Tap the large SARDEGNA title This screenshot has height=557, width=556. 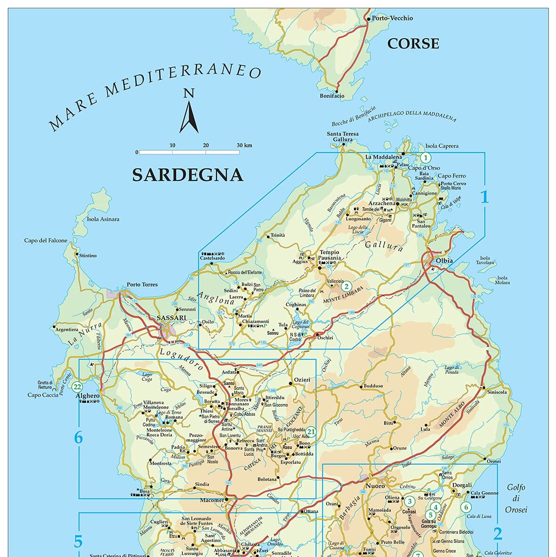[x=187, y=175]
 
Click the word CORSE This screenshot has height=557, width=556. [x=413, y=44]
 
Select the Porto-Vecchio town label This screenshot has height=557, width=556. [x=392, y=18]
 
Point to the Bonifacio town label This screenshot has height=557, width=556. [x=332, y=96]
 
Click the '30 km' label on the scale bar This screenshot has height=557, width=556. [x=244, y=145]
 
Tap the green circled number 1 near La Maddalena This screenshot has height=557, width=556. [x=426, y=158]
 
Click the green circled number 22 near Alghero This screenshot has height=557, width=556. [x=78, y=387]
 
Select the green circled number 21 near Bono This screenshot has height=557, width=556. [x=311, y=431]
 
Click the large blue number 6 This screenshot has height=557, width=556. [x=78, y=438]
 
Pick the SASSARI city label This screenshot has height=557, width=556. [x=171, y=319]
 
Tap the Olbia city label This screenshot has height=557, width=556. [x=444, y=261]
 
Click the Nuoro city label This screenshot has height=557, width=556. [x=375, y=485]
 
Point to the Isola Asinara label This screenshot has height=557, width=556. [x=103, y=219]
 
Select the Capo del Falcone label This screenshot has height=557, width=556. [x=46, y=241]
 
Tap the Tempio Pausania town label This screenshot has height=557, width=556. [x=330, y=255]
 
